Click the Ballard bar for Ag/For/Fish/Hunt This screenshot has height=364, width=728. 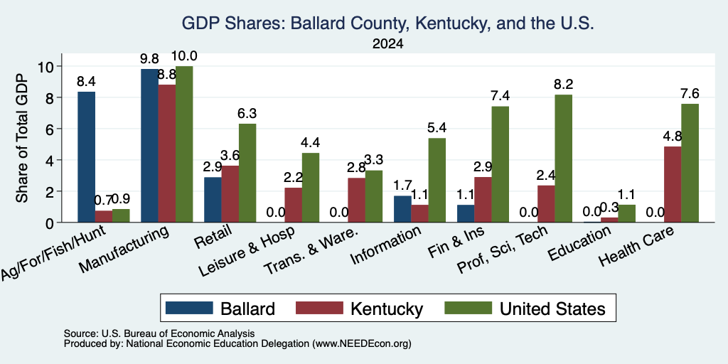[x=86, y=157]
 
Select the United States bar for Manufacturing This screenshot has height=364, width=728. [x=184, y=144]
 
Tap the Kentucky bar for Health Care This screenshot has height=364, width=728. [x=673, y=184]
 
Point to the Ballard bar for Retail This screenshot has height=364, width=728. [x=213, y=200]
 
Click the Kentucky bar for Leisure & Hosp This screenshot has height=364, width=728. [x=294, y=205]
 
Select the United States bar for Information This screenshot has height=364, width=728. [x=437, y=180]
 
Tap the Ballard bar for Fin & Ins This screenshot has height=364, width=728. [x=466, y=213]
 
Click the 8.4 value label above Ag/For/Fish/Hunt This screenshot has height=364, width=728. [x=86, y=82]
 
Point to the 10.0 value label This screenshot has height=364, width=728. [x=184, y=56]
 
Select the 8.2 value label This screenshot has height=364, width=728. [x=564, y=85]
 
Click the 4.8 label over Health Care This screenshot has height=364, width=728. [x=673, y=136]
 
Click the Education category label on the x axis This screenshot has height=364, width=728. [x=579, y=243]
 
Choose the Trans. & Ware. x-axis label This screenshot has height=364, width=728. [x=311, y=251]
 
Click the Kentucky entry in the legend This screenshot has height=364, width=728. [x=387, y=309]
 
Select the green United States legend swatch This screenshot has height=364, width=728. [x=468, y=308]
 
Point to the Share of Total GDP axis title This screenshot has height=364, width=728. [x=22, y=139]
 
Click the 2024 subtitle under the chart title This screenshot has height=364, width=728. [x=387, y=44]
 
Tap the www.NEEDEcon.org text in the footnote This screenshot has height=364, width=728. [x=362, y=344]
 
